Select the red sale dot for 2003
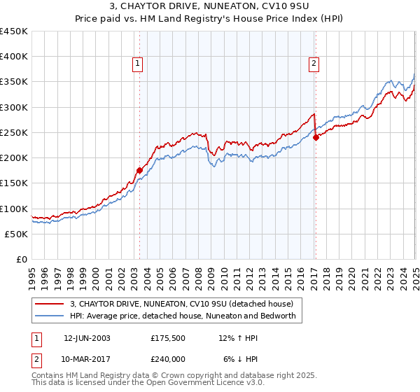coord(139,170)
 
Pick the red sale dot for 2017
coord(316,137)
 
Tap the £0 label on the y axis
coord(21,259)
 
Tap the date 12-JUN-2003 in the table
coord(87,337)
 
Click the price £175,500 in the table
coord(169,337)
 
